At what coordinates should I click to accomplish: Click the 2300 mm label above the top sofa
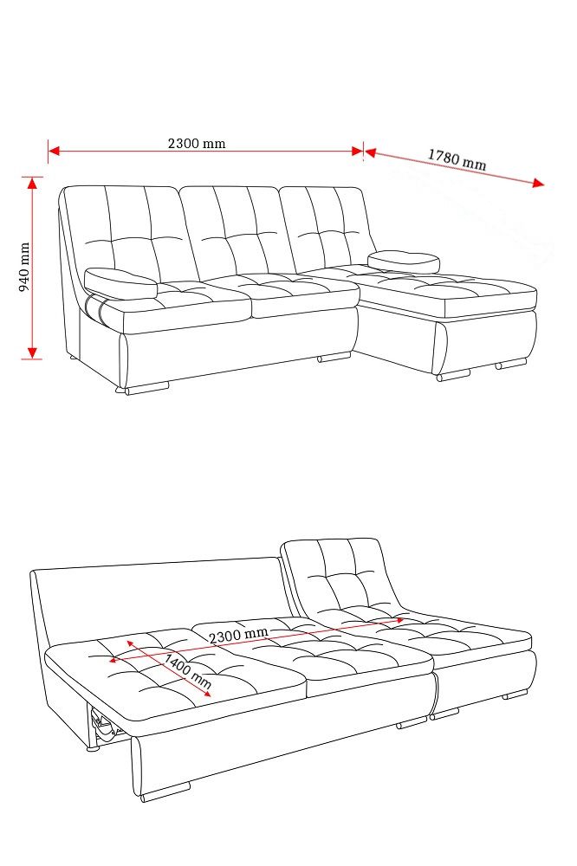click(x=197, y=144)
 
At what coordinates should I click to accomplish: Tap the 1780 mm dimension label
click(x=457, y=159)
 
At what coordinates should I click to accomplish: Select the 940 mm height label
click(x=25, y=267)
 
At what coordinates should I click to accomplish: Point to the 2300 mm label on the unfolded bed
click(x=238, y=635)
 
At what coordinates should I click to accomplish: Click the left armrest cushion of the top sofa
click(x=120, y=281)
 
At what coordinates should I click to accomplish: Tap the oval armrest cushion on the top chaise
click(x=404, y=262)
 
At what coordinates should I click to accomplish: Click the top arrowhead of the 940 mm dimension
click(x=32, y=183)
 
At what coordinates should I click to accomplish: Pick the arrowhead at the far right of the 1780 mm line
click(x=538, y=184)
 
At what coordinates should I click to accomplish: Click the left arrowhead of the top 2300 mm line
click(x=54, y=150)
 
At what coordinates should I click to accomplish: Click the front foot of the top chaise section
click(x=453, y=375)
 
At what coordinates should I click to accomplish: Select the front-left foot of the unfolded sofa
click(x=165, y=791)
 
